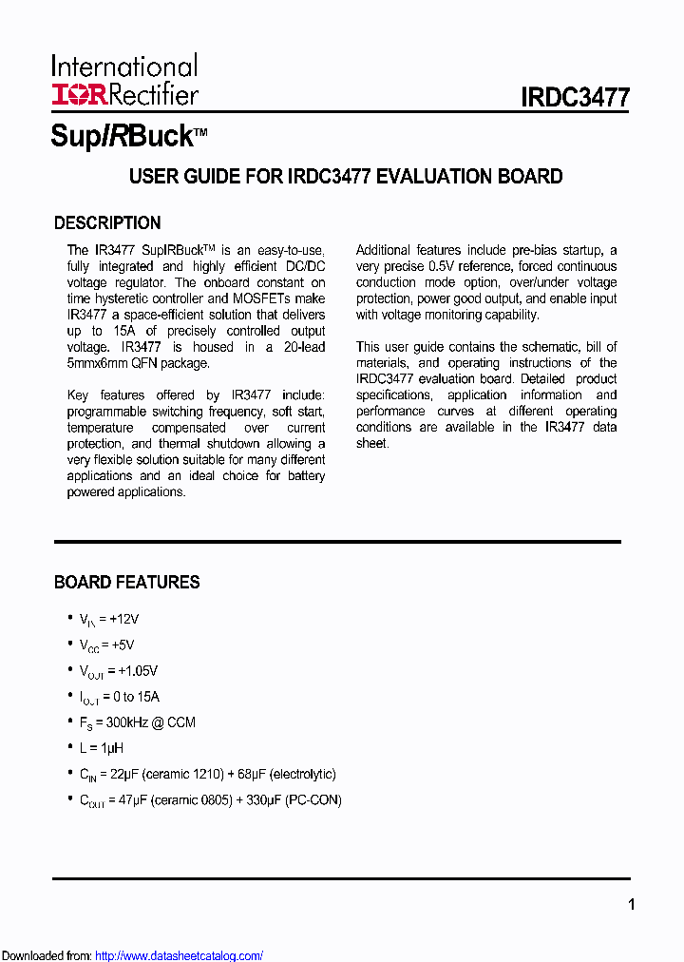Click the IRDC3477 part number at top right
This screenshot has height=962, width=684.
[x=575, y=98]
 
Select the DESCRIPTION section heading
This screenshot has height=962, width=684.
[x=107, y=223]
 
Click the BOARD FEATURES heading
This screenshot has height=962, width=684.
[x=126, y=582]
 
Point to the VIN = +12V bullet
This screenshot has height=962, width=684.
[x=108, y=619]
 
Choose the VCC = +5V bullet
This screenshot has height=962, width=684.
[x=105, y=645]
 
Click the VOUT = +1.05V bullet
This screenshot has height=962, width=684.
[x=118, y=671]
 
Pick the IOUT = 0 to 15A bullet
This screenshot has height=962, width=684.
[x=119, y=697]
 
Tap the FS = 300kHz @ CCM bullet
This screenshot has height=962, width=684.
[x=137, y=722]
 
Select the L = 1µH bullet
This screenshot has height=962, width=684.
[x=102, y=748]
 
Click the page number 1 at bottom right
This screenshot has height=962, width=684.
[x=631, y=905]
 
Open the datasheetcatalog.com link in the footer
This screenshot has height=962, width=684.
[x=180, y=955]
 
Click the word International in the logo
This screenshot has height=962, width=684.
[x=124, y=67]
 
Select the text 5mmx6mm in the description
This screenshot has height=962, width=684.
[x=102, y=363]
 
